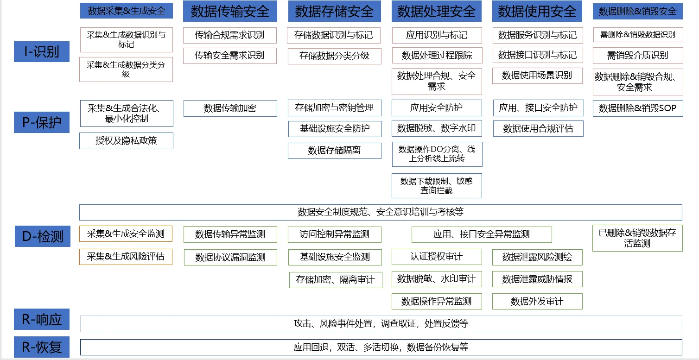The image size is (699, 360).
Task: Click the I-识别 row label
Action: [x=42, y=51]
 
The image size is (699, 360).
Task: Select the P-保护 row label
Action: [x=42, y=122]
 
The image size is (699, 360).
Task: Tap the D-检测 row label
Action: [x=43, y=236]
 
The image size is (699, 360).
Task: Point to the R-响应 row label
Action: [x=42, y=319]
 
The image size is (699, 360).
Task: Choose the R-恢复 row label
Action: [x=42, y=347]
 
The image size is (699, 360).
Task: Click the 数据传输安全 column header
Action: [x=230, y=11]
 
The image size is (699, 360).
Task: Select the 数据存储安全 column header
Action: [x=334, y=11]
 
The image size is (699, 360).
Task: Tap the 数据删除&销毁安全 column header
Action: [x=637, y=12]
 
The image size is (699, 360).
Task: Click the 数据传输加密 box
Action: [x=230, y=108]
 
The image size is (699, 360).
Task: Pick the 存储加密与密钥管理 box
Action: [x=334, y=108]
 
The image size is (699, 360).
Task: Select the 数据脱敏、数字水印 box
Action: [x=437, y=128]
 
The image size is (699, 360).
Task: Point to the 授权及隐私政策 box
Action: [x=126, y=141]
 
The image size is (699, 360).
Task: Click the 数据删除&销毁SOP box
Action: [x=637, y=108]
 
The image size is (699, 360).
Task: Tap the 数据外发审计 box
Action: [x=537, y=302]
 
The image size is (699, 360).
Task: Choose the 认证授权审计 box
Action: [x=437, y=257]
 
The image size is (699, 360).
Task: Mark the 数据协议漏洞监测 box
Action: [x=230, y=258]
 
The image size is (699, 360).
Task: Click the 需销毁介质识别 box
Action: [x=637, y=56]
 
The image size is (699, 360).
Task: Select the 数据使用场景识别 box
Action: [x=537, y=76]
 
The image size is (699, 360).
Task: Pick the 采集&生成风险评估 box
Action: [x=126, y=257]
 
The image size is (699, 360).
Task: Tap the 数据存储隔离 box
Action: [x=334, y=151]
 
